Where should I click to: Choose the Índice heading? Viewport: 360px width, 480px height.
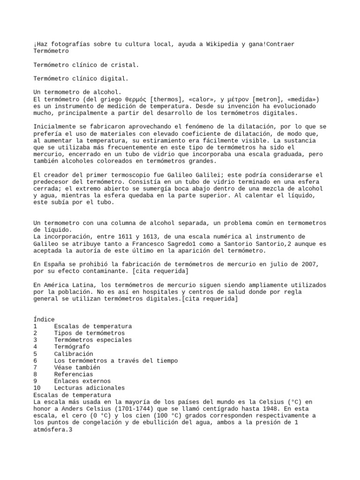44,319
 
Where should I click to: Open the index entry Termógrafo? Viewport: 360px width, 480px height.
72,347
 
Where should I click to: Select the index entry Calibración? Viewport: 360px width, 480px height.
74,354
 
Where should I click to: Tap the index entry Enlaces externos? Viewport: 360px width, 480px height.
83,381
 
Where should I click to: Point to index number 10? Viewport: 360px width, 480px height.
37,388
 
